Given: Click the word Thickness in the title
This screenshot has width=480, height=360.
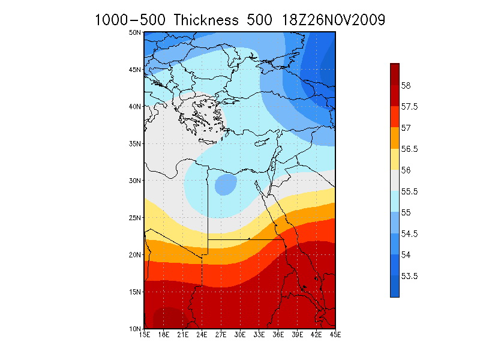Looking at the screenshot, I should click(207, 20).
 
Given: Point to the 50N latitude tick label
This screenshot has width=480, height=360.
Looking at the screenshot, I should click(136, 32).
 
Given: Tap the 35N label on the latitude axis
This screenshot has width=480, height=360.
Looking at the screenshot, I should click(136, 143).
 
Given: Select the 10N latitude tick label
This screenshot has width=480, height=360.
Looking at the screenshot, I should click(136, 329).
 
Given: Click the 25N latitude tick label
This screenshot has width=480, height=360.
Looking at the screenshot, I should click(136, 217).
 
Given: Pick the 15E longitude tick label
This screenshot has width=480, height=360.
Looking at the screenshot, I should click(144, 334).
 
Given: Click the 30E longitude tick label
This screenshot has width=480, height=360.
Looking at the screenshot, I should click(240, 334).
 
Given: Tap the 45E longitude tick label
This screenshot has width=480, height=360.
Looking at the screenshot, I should click(335, 334).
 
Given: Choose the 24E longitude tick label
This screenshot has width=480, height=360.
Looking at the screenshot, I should click(202, 334).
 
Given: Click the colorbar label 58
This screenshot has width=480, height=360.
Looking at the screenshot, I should click(406, 86).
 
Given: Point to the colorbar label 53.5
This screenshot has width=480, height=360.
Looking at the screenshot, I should click(409, 277).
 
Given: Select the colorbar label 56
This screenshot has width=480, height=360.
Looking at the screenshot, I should click(406, 170).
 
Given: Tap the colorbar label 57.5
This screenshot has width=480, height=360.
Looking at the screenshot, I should click(409, 107).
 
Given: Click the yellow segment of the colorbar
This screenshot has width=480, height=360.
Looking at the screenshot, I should click(394, 159).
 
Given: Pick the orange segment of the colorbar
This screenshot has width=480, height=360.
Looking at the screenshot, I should click(394, 138).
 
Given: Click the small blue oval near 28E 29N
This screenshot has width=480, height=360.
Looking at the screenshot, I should click(225, 184).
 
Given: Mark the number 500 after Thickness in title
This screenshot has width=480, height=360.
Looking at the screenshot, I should click(259, 20).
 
